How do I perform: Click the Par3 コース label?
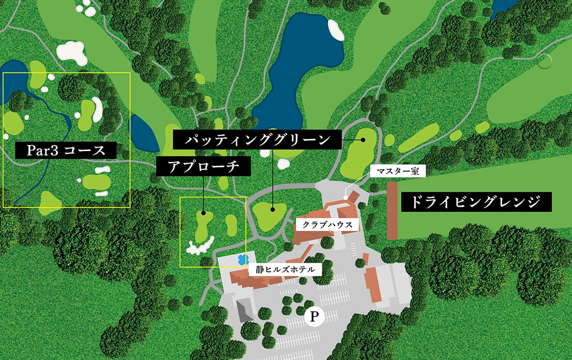coord(66,151)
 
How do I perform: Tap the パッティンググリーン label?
coord(257,139)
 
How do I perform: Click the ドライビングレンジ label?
coord(476,202)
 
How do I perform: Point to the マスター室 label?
coord(397,171)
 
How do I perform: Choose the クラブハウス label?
coord(327,225)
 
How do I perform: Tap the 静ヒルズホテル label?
coord(285,269)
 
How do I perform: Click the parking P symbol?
coord(314,316)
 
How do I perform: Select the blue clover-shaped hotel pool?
coord(243,259)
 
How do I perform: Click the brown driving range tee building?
coord(392,210)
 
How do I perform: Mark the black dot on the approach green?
coord(204,214)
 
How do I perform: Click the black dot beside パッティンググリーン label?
coord(363,140)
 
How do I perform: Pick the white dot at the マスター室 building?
coord(346,197)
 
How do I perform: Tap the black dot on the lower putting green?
coord(273,209)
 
